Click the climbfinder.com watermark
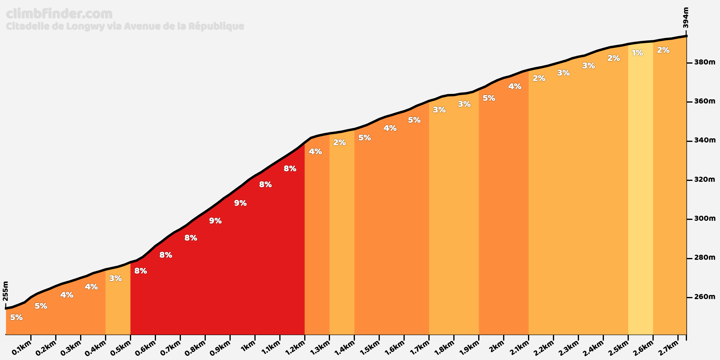point(59,14)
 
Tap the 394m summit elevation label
point(685,18)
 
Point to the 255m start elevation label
point(5,291)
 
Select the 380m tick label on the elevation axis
point(705,62)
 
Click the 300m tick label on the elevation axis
point(705,219)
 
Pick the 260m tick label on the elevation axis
point(705,297)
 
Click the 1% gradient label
point(637,53)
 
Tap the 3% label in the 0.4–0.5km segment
point(115,278)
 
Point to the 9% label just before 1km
point(240,203)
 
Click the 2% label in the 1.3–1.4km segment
point(340,142)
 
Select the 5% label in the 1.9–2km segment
point(489,98)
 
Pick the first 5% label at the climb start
point(16,317)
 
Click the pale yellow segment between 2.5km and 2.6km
point(640,195)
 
